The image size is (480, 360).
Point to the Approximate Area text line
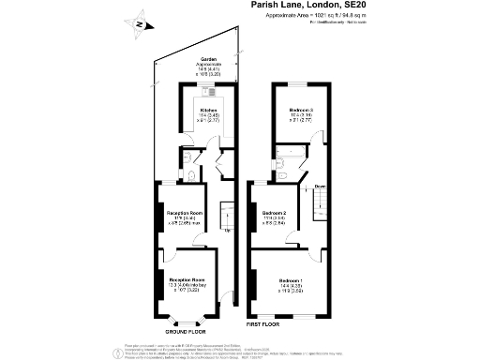(323, 17)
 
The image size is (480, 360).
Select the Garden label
(197, 58)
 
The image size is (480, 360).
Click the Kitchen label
(208, 110)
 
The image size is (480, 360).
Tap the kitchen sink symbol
(213, 93)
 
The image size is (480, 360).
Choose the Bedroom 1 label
(291, 280)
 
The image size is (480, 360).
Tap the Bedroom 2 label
(274, 213)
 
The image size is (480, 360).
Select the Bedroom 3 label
(300, 110)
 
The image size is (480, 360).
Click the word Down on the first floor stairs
(320, 185)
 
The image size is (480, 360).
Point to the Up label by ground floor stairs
(227, 230)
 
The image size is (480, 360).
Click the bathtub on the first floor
(289, 150)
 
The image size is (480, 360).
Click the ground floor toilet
(191, 175)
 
